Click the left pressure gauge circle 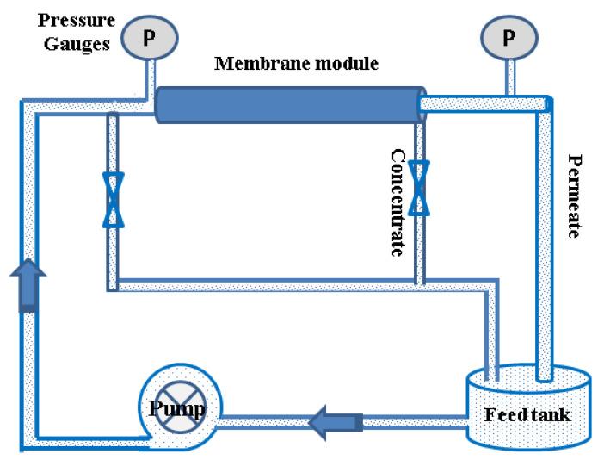coord(150,36)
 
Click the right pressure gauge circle coord(509,36)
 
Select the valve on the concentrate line coord(419,188)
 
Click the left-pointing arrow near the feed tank coord(330,421)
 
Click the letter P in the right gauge coord(509,37)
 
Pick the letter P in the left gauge coord(150,37)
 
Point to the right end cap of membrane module coord(422,104)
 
